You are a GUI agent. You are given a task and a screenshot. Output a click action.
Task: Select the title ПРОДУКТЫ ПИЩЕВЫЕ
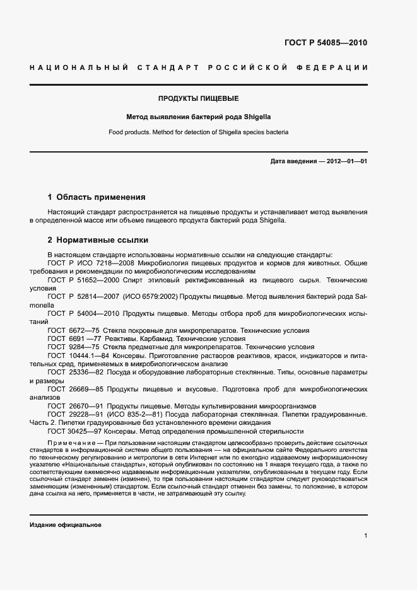click(x=198, y=99)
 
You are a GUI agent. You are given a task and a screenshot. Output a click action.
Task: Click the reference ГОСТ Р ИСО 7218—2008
click(x=87, y=263)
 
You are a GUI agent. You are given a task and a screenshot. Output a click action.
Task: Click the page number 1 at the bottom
click(x=365, y=536)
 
